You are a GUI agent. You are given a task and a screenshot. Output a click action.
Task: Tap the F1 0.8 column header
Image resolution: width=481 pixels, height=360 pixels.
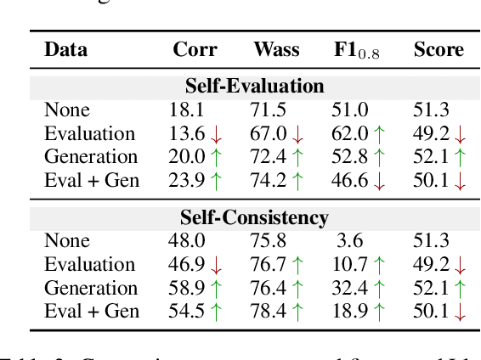point(354,50)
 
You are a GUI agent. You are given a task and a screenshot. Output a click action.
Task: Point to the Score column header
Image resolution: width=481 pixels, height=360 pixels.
point(438,49)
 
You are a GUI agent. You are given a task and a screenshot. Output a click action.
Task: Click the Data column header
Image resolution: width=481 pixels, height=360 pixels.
point(65,49)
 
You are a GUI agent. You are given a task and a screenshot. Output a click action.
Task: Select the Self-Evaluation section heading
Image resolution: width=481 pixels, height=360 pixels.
point(254,87)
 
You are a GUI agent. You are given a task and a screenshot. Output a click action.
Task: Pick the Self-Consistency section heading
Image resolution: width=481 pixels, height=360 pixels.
point(254,217)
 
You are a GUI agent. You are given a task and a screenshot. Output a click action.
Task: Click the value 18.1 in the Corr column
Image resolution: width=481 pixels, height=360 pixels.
point(184,110)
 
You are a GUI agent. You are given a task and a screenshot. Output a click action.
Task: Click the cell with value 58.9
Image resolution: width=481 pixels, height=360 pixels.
point(185,289)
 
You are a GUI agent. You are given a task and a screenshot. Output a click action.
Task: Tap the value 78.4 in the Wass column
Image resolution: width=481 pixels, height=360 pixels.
point(267,312)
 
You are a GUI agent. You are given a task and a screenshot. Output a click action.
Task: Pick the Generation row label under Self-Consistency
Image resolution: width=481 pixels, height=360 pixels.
point(90,289)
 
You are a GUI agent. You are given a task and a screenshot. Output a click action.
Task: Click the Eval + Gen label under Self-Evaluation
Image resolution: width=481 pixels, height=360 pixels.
point(91,181)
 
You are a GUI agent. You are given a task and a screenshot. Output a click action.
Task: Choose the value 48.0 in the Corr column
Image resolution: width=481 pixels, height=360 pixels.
point(185,241)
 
